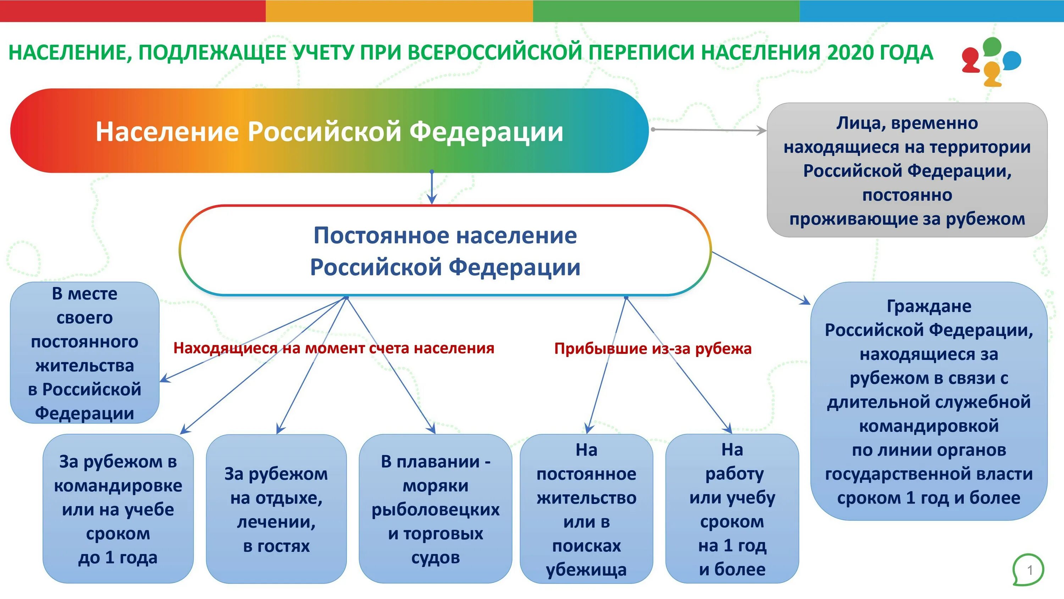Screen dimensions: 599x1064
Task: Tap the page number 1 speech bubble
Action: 1029,570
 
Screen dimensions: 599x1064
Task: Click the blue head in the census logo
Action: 1012,60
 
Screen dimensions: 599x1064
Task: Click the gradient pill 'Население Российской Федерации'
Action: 329,131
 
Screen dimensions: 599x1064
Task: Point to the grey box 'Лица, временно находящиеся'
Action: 907,170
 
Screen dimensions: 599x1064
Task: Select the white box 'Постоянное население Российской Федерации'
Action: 445,251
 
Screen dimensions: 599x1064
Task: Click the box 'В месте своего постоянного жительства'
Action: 85,353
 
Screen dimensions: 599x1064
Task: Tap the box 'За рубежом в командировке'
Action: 118,509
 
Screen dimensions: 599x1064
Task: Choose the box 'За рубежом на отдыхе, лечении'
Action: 276,509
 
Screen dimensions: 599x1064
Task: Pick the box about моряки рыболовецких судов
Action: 435,509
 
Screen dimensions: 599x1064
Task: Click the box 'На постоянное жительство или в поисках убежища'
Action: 587,509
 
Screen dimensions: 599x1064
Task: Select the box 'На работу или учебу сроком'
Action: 732,509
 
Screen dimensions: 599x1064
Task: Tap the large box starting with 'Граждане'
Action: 929,401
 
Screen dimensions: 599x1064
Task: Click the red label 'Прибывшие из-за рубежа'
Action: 653,348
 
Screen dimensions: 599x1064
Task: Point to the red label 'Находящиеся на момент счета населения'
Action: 334,348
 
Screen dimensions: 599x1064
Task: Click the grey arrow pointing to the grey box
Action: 708,130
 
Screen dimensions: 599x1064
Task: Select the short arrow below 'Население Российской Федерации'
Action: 432,188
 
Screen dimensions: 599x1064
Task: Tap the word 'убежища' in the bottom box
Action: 587,570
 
